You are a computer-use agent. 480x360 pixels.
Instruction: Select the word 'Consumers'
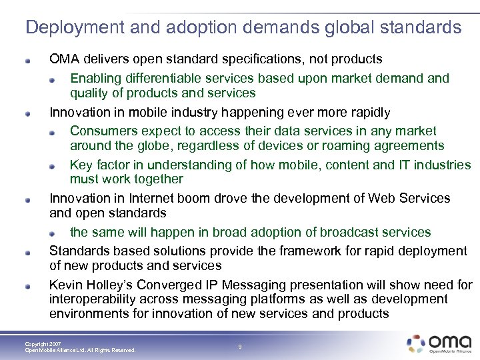tap(103, 131)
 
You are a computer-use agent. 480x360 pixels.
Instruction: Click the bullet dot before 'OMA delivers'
tap(27, 60)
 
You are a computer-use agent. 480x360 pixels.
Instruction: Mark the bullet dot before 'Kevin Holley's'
tap(27, 285)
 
